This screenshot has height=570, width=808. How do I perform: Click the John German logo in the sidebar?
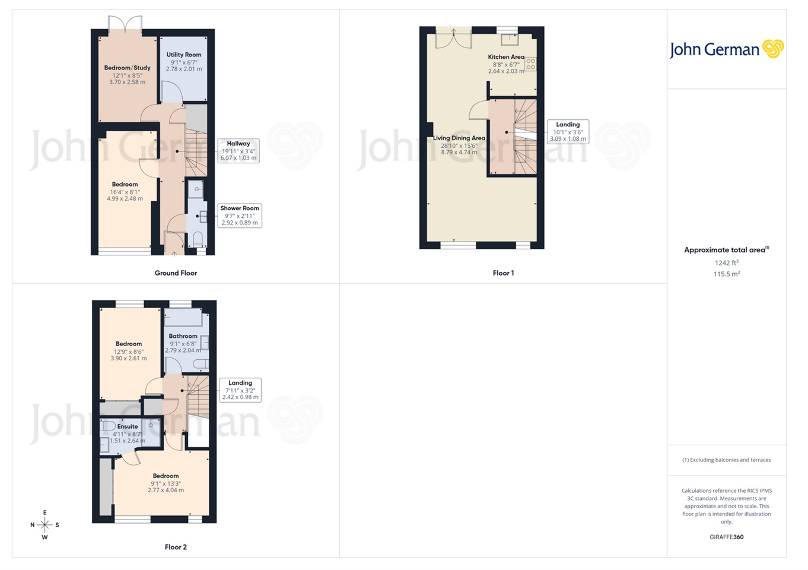point(726,49)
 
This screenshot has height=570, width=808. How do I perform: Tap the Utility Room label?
point(184,55)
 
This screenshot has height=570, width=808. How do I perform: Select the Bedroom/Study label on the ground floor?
point(127,68)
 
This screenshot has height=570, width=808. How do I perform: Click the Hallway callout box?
point(238,151)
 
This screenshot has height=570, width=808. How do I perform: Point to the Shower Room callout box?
point(240,216)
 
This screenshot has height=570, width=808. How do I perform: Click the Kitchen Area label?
point(506,57)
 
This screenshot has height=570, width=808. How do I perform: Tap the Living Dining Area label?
point(459,138)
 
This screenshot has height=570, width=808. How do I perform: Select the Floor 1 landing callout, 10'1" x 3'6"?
point(568,132)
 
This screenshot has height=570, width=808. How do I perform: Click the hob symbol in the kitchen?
point(530,64)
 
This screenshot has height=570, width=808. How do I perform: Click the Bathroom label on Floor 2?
point(183,336)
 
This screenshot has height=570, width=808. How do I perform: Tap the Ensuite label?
point(128,426)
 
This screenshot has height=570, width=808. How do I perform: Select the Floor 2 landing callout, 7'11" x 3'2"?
point(240,390)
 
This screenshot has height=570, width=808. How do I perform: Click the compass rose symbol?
point(44,525)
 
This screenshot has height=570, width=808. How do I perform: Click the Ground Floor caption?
point(176,273)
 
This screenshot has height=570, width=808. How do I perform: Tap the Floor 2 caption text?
point(176,547)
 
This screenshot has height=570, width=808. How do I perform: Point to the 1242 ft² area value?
point(726,263)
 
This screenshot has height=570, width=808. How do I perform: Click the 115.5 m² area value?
point(726,274)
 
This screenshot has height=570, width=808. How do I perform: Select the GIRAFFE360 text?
point(726,537)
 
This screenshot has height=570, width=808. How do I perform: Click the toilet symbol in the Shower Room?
point(198,239)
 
